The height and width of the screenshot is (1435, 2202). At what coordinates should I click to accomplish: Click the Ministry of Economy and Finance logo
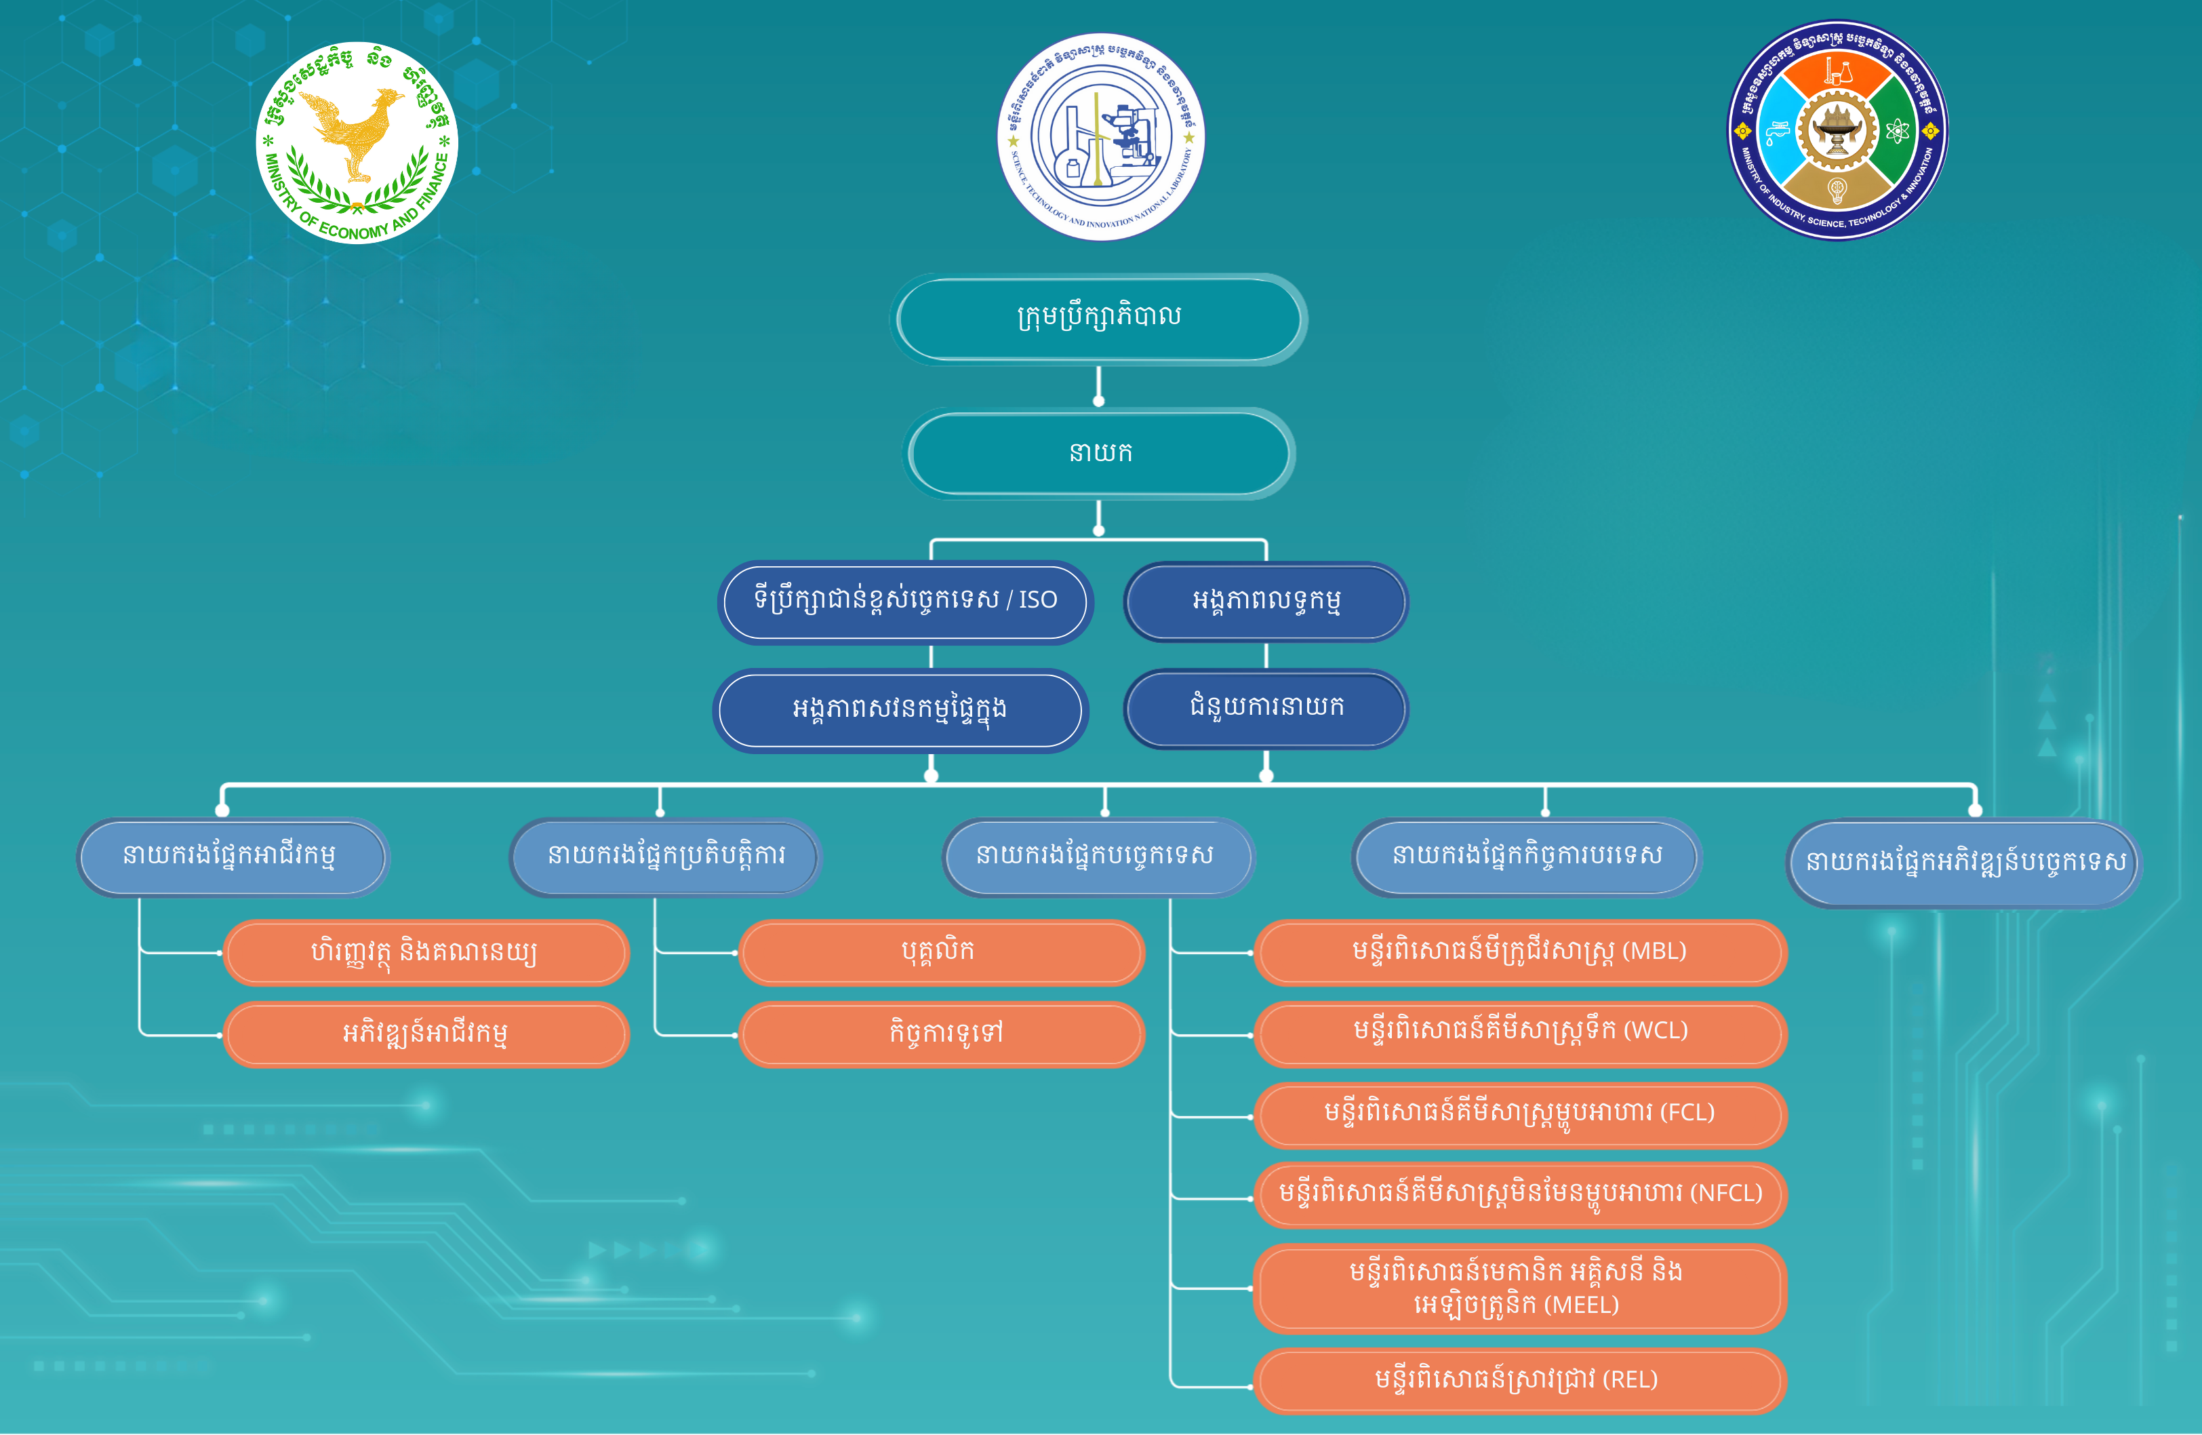(x=357, y=142)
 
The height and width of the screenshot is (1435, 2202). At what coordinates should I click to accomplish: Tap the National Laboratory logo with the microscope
(x=1100, y=138)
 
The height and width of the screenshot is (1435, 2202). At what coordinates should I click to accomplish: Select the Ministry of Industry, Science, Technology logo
(x=1837, y=130)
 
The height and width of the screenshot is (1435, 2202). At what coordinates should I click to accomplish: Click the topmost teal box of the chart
(x=1099, y=318)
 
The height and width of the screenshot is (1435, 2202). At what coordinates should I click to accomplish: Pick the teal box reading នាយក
(x=1099, y=453)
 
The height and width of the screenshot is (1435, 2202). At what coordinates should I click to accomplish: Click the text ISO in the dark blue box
(x=1038, y=600)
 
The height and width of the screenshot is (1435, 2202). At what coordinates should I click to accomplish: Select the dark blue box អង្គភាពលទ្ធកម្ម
(x=1266, y=602)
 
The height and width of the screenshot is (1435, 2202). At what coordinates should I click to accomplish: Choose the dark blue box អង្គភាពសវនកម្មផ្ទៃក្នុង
(x=899, y=709)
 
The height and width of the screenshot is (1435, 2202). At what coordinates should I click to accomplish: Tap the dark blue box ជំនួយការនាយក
(x=1266, y=709)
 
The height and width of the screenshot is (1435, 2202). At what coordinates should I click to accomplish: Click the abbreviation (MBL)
(x=1654, y=951)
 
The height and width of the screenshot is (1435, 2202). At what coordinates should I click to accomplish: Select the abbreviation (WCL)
(x=1656, y=1031)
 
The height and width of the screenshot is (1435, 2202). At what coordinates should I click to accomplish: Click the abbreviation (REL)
(x=1630, y=1381)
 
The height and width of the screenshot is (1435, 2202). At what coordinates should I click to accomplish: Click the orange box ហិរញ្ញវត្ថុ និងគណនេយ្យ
(x=426, y=952)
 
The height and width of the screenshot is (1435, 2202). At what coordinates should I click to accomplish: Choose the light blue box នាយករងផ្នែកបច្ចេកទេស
(x=1098, y=857)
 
